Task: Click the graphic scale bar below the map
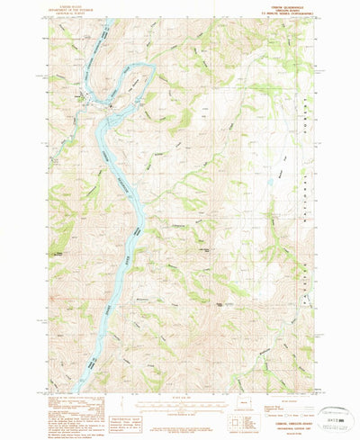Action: pos(176,406)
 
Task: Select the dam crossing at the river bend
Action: pos(109,100)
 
